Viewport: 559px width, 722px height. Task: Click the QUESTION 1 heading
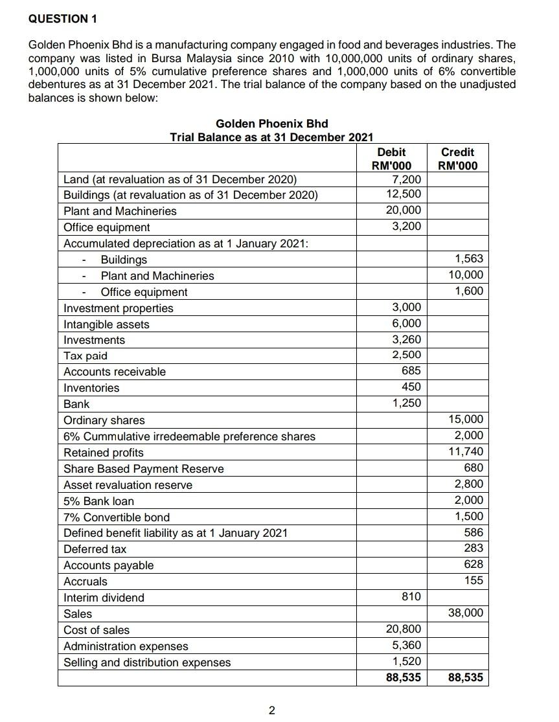click(63, 19)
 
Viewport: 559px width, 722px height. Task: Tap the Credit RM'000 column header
click(457, 159)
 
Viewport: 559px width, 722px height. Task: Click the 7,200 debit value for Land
click(407, 179)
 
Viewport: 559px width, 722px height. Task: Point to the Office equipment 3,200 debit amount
click(407, 226)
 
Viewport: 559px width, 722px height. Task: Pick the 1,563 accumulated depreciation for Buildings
click(469, 259)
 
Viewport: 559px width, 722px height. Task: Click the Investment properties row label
click(119, 308)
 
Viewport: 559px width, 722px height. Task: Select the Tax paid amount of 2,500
click(407, 355)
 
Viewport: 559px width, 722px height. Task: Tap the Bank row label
click(76, 403)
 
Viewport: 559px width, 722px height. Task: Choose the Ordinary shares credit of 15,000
click(466, 420)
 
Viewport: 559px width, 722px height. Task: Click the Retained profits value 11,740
click(466, 451)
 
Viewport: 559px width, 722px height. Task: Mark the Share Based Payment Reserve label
click(144, 469)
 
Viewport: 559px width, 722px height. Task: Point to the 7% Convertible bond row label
click(117, 517)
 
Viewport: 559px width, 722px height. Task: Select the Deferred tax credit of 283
click(474, 548)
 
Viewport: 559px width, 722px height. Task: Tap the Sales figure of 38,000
click(466, 612)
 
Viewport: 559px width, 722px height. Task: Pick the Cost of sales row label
click(97, 630)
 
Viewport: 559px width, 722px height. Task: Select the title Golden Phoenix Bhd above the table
click(271, 123)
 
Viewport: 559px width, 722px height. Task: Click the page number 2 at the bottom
click(271, 711)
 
